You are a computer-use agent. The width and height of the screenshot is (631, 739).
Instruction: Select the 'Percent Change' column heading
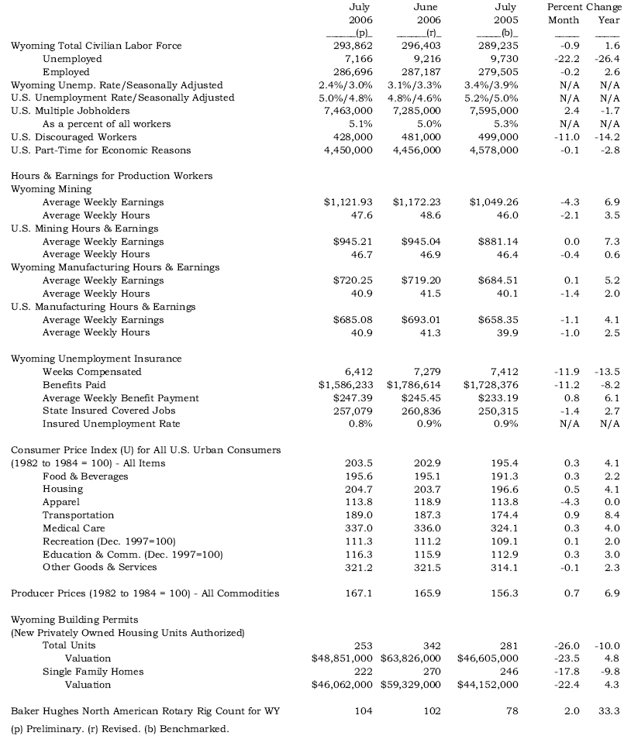(584, 7)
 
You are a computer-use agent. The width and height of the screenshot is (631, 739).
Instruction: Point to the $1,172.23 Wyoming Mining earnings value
(420, 202)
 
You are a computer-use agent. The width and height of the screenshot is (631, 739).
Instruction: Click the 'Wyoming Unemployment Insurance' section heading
(96, 359)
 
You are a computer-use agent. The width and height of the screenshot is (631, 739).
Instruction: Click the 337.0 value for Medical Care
(358, 528)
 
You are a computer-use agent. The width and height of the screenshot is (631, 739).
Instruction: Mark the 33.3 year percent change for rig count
(610, 710)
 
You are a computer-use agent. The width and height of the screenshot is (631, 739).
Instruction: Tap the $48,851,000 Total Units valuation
(342, 658)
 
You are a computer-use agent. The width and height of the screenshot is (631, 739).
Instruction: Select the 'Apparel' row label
(60, 502)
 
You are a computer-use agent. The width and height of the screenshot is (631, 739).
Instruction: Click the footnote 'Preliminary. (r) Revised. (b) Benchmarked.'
(120, 728)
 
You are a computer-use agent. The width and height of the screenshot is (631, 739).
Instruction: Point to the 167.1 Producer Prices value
(358, 593)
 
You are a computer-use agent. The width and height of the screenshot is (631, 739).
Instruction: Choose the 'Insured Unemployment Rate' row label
(111, 424)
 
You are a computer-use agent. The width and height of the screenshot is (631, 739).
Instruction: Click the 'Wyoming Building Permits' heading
(74, 620)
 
